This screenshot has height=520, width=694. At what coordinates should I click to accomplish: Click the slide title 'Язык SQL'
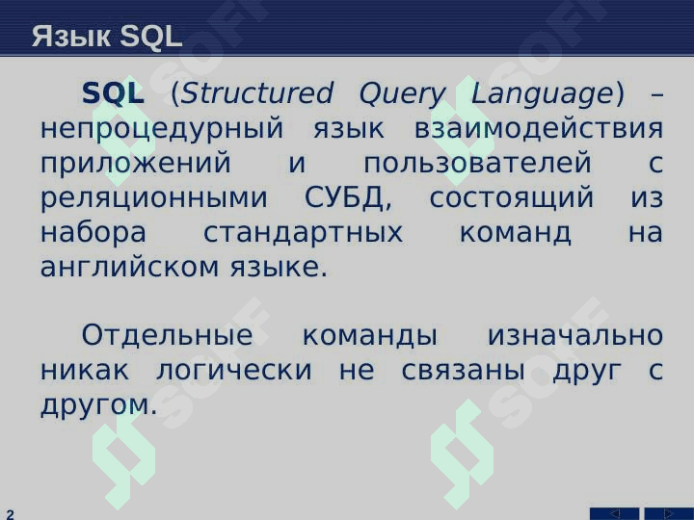click(x=107, y=36)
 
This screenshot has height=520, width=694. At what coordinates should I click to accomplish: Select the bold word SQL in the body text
click(x=113, y=93)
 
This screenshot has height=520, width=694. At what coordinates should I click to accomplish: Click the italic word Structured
click(x=256, y=93)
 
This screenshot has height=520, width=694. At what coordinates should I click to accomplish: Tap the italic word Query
click(x=402, y=95)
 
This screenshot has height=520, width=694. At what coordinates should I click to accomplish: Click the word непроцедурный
click(x=162, y=130)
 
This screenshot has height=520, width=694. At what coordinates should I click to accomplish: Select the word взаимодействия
click(x=539, y=128)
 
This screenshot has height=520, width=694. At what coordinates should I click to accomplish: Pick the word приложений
click(x=136, y=163)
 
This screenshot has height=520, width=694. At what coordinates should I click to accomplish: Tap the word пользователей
click(x=477, y=163)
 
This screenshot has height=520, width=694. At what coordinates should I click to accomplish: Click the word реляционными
click(x=154, y=199)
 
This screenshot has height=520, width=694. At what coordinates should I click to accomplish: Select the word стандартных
click(x=304, y=234)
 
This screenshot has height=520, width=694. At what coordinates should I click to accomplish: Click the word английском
click(x=130, y=268)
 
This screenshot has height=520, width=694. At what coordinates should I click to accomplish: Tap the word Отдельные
click(x=168, y=336)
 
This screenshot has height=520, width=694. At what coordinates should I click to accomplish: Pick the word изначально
click(x=575, y=335)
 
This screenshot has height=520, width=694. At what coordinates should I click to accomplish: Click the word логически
click(x=234, y=370)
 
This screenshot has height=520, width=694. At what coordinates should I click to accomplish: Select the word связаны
click(x=463, y=370)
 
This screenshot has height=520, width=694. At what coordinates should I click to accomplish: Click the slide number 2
click(x=10, y=514)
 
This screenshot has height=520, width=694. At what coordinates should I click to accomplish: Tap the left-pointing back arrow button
click(x=614, y=514)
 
